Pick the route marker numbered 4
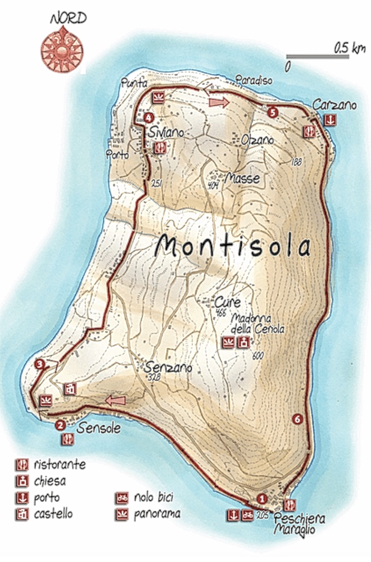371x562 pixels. [x=148, y=117]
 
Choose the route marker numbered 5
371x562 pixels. [x=273, y=112]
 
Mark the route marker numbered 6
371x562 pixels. [x=297, y=418]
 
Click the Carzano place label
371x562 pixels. [x=327, y=105]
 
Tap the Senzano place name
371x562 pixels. [x=168, y=368]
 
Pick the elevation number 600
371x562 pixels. [x=258, y=355]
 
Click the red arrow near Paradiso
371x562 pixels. [x=218, y=102]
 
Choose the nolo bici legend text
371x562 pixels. [x=153, y=497]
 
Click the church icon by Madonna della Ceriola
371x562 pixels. [x=243, y=342]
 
